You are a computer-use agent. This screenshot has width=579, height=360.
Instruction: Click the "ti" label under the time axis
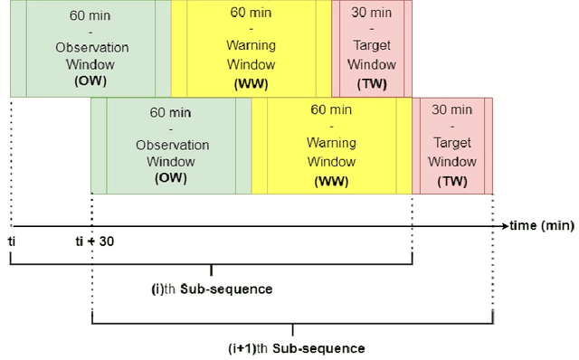click(12, 242)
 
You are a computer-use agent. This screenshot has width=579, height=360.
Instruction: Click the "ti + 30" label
click(93, 242)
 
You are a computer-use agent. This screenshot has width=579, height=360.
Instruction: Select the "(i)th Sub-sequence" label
click(211, 289)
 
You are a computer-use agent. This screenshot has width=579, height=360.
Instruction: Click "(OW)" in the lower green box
click(171, 178)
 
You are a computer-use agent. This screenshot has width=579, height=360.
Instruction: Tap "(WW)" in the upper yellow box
click(252, 83)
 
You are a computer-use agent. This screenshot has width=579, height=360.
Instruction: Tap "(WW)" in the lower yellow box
click(332, 180)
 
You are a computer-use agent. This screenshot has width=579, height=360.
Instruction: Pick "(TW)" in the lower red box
click(451, 180)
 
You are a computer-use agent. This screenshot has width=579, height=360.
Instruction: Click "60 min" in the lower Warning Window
click(332, 109)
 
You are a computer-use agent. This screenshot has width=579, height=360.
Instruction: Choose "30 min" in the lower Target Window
click(451, 109)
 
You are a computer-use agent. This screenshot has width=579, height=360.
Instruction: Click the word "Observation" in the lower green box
click(172, 145)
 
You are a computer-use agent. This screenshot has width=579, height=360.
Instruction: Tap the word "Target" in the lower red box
click(451, 145)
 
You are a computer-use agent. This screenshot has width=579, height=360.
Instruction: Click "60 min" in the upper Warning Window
click(252, 14)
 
